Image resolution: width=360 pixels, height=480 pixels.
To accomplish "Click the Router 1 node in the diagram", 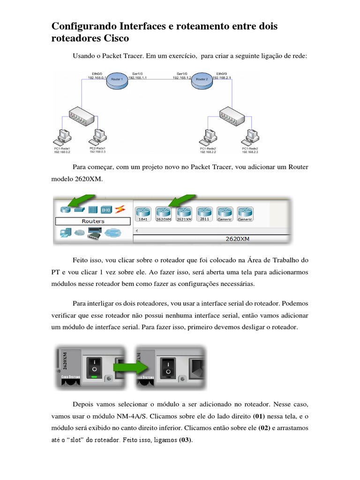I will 116,80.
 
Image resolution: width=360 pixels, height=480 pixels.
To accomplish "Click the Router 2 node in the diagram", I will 202,80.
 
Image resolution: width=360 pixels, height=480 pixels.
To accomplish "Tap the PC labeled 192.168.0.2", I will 63,136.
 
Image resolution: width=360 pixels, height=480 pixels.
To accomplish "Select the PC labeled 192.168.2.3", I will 249,136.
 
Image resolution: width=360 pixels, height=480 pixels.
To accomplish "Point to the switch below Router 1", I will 82,114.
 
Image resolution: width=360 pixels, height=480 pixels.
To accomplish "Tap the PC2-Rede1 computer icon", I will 98,136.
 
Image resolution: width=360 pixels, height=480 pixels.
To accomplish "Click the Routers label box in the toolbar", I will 93,221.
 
